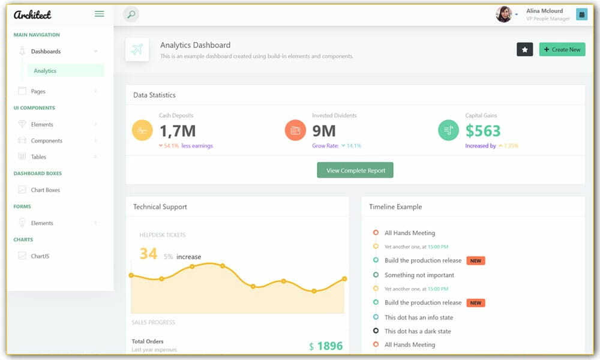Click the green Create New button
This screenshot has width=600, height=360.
(x=562, y=49)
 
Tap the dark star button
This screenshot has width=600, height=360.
(x=524, y=49)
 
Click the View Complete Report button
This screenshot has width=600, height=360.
(x=355, y=170)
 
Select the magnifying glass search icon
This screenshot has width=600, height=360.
(x=131, y=14)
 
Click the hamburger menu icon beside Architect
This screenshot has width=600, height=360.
(x=100, y=14)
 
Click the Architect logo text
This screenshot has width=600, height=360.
(x=32, y=14)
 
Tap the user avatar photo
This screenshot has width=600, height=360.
(x=503, y=14)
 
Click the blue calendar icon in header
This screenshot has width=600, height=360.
(x=581, y=14)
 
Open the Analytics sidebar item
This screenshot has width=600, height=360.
(x=45, y=71)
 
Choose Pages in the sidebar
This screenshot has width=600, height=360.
(x=38, y=91)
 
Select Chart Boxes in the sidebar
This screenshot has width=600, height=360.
(x=45, y=190)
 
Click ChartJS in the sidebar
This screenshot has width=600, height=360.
(x=40, y=256)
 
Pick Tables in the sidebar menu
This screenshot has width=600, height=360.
(x=38, y=157)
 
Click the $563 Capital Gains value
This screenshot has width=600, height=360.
(x=482, y=130)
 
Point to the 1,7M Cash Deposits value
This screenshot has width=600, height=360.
(x=177, y=130)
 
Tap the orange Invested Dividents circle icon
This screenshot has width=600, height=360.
(x=295, y=130)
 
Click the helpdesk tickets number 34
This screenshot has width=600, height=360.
(x=148, y=254)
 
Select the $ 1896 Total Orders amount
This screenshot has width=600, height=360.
(x=326, y=346)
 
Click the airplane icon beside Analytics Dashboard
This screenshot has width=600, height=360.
(x=137, y=50)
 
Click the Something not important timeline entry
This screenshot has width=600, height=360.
(x=419, y=275)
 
